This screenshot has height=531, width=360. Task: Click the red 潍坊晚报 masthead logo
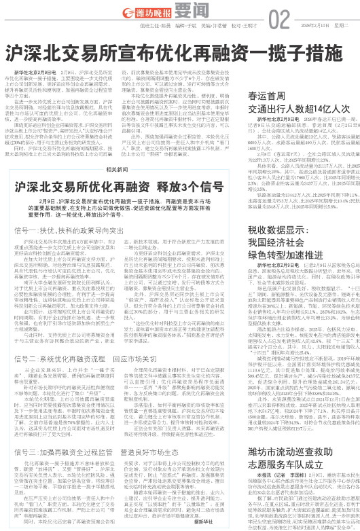click(138, 12)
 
